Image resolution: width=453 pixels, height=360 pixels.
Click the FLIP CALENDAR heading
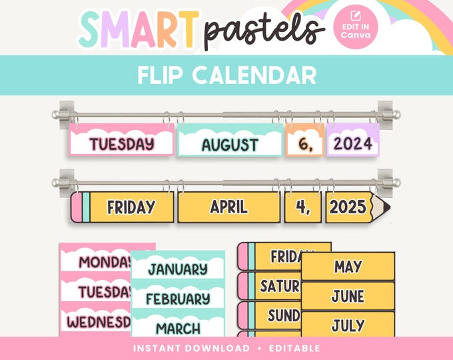[226, 75]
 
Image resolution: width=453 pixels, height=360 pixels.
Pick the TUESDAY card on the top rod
[122, 143]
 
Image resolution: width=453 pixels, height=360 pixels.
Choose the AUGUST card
[230, 144]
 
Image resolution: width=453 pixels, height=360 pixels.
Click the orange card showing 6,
[304, 143]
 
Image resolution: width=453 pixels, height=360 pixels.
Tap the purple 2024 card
[353, 143]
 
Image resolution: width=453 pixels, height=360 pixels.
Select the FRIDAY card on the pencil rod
[131, 207]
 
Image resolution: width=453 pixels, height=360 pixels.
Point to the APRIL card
[229, 207]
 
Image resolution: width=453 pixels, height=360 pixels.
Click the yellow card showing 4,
[304, 207]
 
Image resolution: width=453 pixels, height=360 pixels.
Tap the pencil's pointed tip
[382, 207]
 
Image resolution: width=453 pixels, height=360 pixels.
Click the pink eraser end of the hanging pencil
[77, 207]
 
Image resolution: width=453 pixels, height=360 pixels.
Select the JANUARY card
[177, 269]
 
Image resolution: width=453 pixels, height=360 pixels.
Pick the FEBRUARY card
[177, 298]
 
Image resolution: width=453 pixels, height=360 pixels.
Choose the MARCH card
[177, 327]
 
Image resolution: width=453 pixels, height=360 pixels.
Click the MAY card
[348, 267]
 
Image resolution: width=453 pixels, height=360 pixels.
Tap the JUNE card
[348, 296]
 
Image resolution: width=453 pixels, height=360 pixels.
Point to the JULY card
[348, 325]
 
